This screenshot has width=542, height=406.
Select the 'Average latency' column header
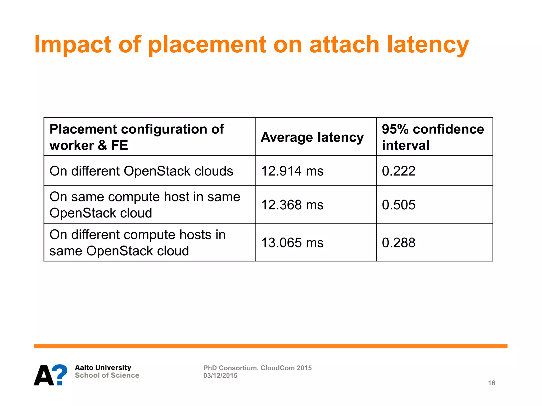(312, 137)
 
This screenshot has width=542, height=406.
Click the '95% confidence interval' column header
(433, 137)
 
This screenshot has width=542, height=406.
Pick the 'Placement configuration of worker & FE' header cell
(137, 137)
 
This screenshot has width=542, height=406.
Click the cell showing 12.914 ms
(292, 171)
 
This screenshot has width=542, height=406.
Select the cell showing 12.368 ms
(292, 205)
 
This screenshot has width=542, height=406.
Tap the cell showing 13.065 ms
(292, 243)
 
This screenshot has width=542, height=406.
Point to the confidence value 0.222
(399, 171)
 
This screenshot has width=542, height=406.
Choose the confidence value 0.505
(399, 205)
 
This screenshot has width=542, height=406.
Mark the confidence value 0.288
(399, 243)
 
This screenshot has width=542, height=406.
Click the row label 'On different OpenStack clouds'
(141, 171)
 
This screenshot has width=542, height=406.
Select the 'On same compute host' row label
(144, 205)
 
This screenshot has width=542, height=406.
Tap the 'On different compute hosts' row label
(137, 243)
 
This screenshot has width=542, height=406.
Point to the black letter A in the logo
(44, 376)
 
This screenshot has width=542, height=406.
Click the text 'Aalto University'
(103, 368)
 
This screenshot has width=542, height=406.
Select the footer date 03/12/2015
(220, 376)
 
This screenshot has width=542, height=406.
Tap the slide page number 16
(491, 383)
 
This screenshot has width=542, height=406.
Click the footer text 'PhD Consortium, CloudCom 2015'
(257, 368)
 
